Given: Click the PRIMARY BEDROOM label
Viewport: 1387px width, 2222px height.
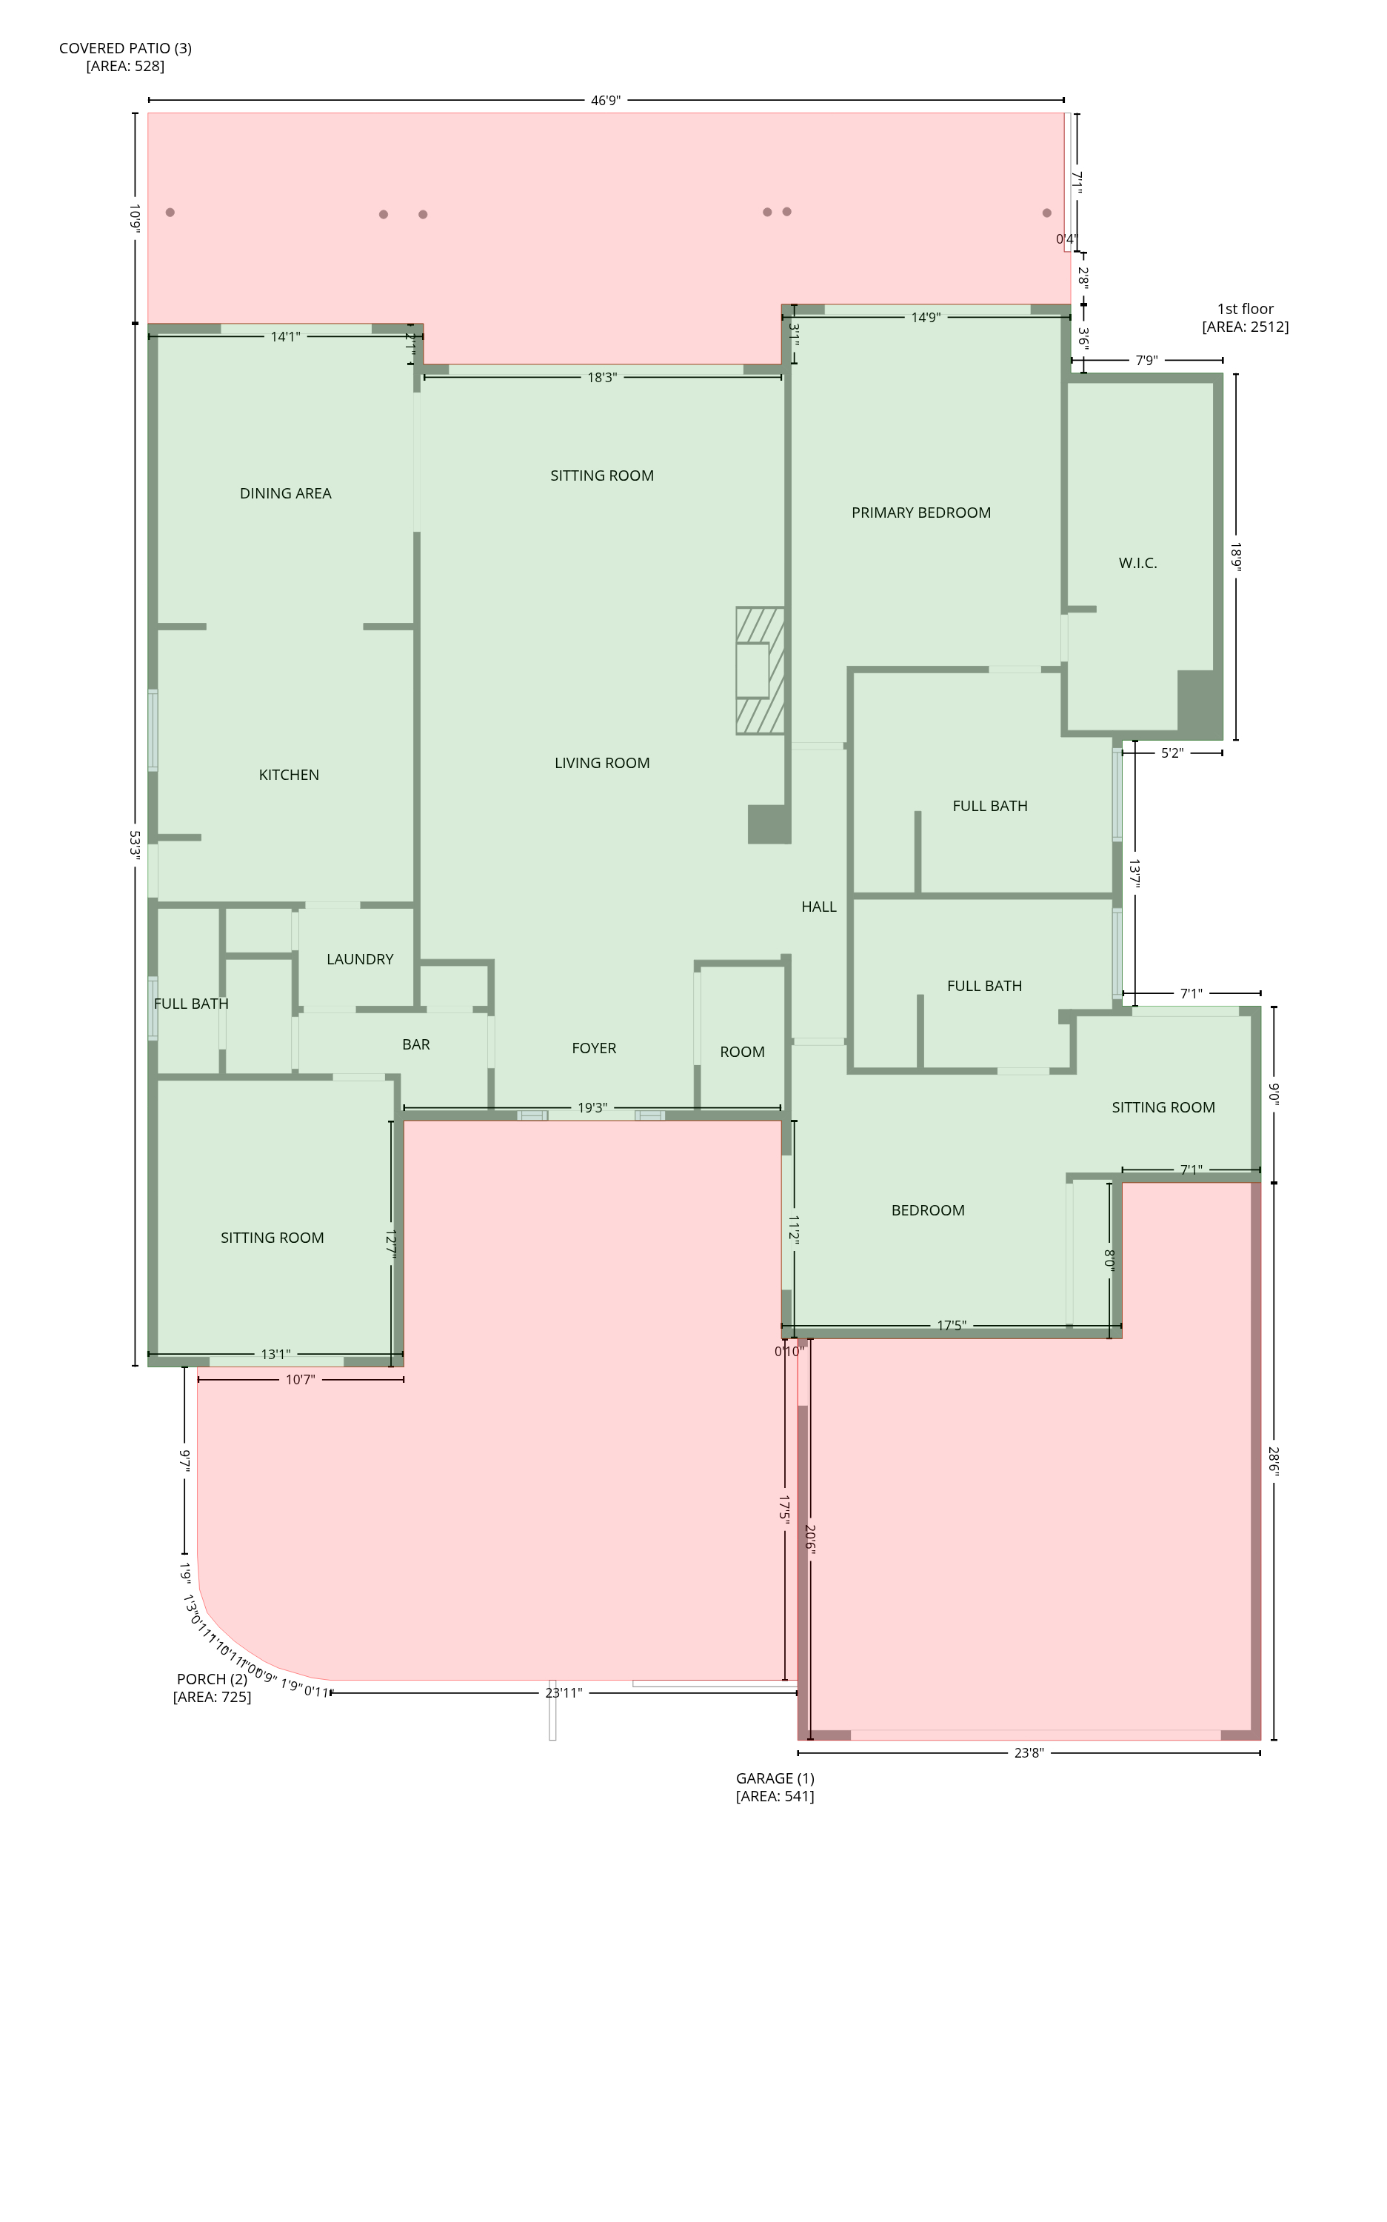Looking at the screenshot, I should tap(921, 513).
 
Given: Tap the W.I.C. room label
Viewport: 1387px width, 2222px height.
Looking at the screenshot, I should tap(1137, 564).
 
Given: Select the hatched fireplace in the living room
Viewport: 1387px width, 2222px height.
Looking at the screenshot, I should tap(760, 670).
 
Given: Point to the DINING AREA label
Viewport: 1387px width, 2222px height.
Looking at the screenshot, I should tap(285, 493).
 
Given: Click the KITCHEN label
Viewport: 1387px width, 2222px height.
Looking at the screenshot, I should tap(289, 775).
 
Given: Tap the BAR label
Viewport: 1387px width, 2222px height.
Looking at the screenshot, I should tap(415, 1044).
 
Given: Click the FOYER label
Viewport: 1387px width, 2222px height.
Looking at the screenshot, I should tap(593, 1048).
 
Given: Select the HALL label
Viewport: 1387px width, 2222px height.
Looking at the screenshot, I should tap(818, 907).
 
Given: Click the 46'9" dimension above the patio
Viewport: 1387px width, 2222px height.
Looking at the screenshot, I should tap(606, 100).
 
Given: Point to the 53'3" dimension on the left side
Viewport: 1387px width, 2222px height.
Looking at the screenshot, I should tap(135, 844).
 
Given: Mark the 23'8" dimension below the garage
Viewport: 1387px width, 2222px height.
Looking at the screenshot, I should tap(1029, 1753).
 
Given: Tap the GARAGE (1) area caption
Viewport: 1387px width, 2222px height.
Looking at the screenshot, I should tap(775, 1787).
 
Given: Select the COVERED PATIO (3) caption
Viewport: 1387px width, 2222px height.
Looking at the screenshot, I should tap(124, 57).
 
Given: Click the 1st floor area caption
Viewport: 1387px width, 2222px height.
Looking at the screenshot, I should tap(1245, 318).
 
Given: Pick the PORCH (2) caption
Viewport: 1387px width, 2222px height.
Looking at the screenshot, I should tap(212, 1688).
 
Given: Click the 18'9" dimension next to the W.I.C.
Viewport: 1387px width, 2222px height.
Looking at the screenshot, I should tap(1236, 557).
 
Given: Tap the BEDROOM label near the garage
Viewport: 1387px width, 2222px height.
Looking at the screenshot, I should tap(927, 1210).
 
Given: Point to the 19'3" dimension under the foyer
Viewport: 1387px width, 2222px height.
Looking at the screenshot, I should tap(592, 1108).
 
